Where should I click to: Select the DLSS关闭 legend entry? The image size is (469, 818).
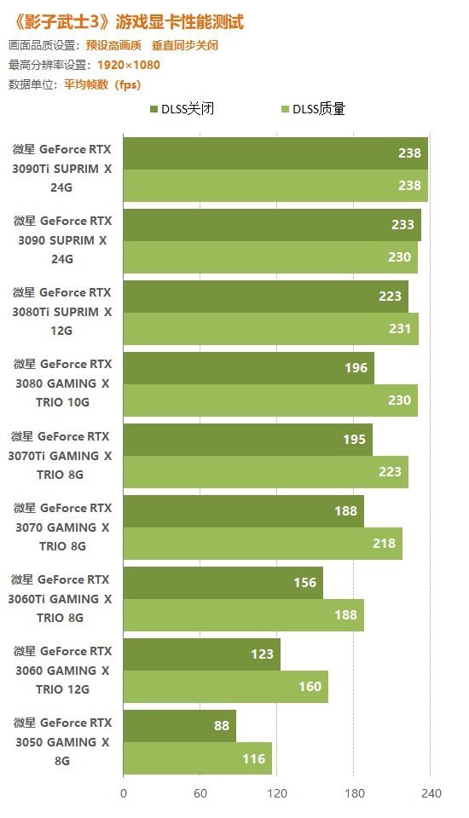pyautogui.click(x=181, y=109)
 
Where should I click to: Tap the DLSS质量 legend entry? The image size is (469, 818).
pyautogui.click(x=313, y=109)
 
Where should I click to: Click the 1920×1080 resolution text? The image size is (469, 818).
pyautogui.click(x=128, y=65)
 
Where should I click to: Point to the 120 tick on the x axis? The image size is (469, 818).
pyautogui.click(x=277, y=793)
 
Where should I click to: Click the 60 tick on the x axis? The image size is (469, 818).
pyautogui.click(x=200, y=793)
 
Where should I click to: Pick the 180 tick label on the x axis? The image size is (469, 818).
pyautogui.click(x=354, y=793)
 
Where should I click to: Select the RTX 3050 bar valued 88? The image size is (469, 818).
pyautogui.click(x=179, y=726)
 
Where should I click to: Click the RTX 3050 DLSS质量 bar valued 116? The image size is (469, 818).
pyautogui.click(x=197, y=758)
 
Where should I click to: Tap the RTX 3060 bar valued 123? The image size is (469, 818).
pyautogui.click(x=201, y=654)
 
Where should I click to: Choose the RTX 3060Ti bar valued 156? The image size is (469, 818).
pyautogui.click(x=223, y=583)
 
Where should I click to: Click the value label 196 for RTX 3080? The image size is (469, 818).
pyautogui.click(x=356, y=368)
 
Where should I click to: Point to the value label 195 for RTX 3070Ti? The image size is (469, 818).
pyautogui.click(x=355, y=440)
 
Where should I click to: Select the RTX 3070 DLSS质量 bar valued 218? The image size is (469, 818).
pyautogui.click(x=263, y=544)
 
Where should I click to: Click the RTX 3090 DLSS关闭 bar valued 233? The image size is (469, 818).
pyautogui.click(x=272, y=225)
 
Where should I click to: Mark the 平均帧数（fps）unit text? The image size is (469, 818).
pyautogui.click(x=101, y=84)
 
